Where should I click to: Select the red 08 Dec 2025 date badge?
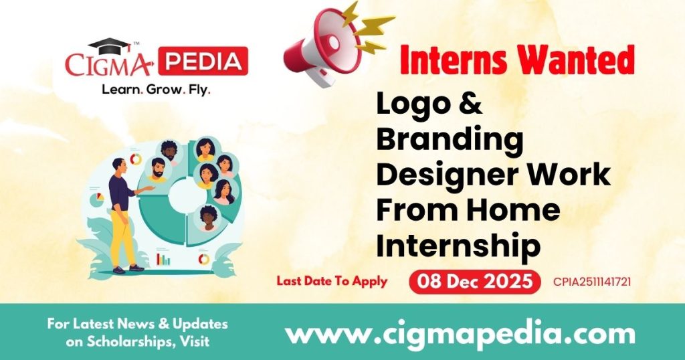pyautogui.click(x=474, y=282)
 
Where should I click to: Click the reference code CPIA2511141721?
pyautogui.click(x=592, y=282)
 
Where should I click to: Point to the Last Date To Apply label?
pyautogui.click(x=332, y=281)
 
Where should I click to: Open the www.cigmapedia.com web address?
pyautogui.click(x=460, y=333)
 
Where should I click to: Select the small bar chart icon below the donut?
pyautogui.click(x=163, y=258)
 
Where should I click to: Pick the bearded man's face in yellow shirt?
pyautogui.click(x=157, y=169)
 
